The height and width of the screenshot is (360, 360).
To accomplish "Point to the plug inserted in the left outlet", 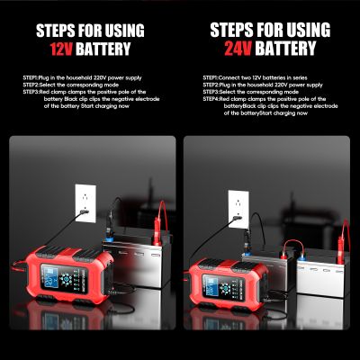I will (83, 213).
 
